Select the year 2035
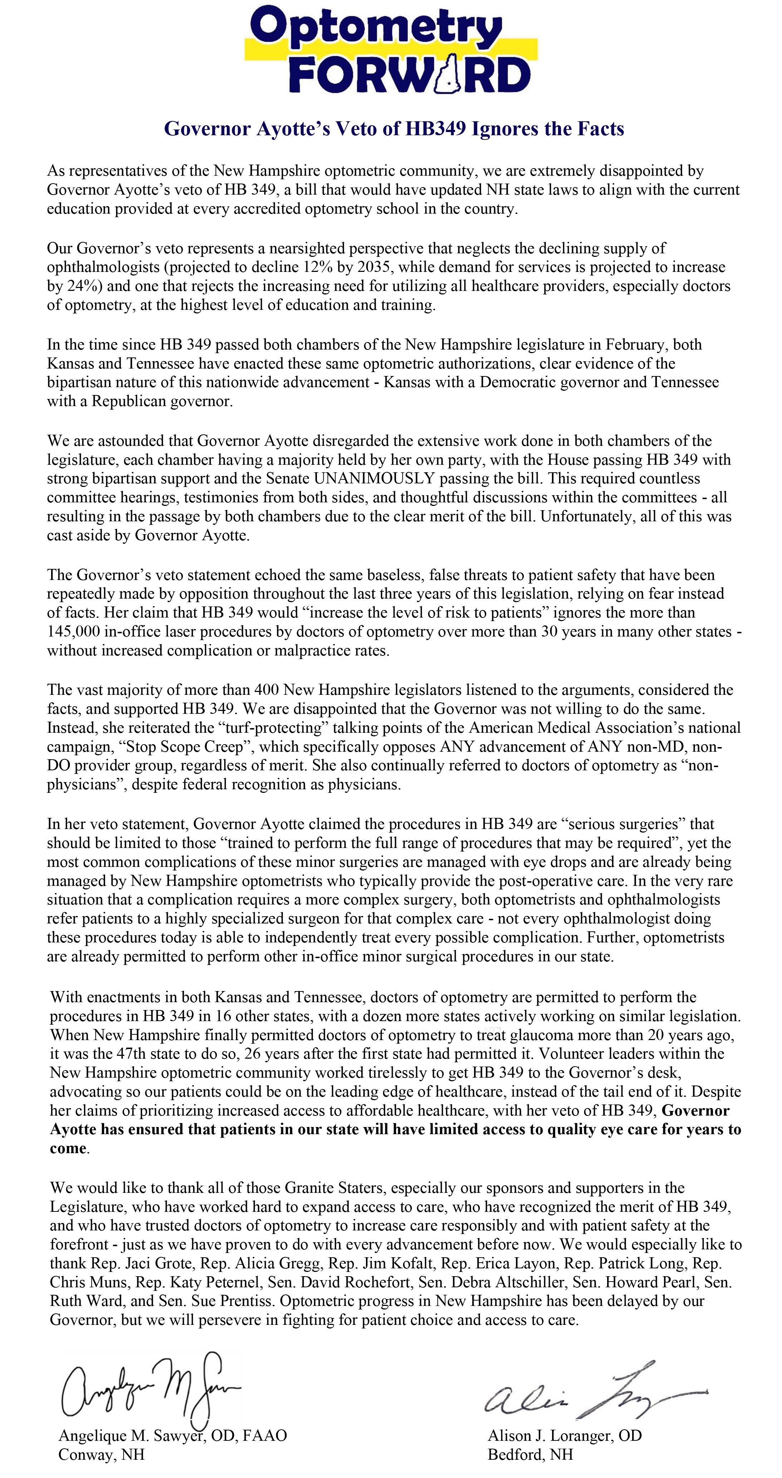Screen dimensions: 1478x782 [376, 267]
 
